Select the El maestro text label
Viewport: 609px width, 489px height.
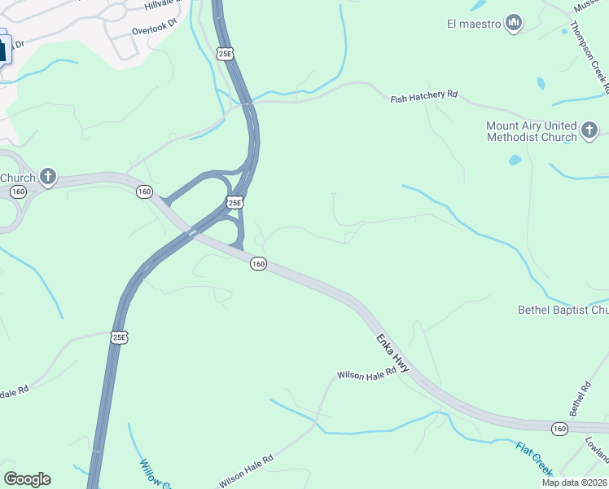pos(473,24)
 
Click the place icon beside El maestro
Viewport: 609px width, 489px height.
pos(513,23)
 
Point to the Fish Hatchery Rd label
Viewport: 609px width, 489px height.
pos(424,95)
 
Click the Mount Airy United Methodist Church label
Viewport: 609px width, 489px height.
pos(531,131)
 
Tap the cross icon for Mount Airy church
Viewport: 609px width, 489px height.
pos(589,129)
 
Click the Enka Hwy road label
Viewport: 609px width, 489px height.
pos(392,353)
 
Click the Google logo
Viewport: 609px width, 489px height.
pos(27,479)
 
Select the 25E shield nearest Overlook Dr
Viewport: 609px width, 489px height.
pos(225,54)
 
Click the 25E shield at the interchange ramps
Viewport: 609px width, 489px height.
pos(234,202)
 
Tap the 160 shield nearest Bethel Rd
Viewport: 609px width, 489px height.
pos(559,428)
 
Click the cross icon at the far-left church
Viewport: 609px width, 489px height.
pos(48,176)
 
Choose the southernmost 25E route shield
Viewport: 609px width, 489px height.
pos(119,337)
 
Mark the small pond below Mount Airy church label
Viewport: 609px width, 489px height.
pos(515,161)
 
